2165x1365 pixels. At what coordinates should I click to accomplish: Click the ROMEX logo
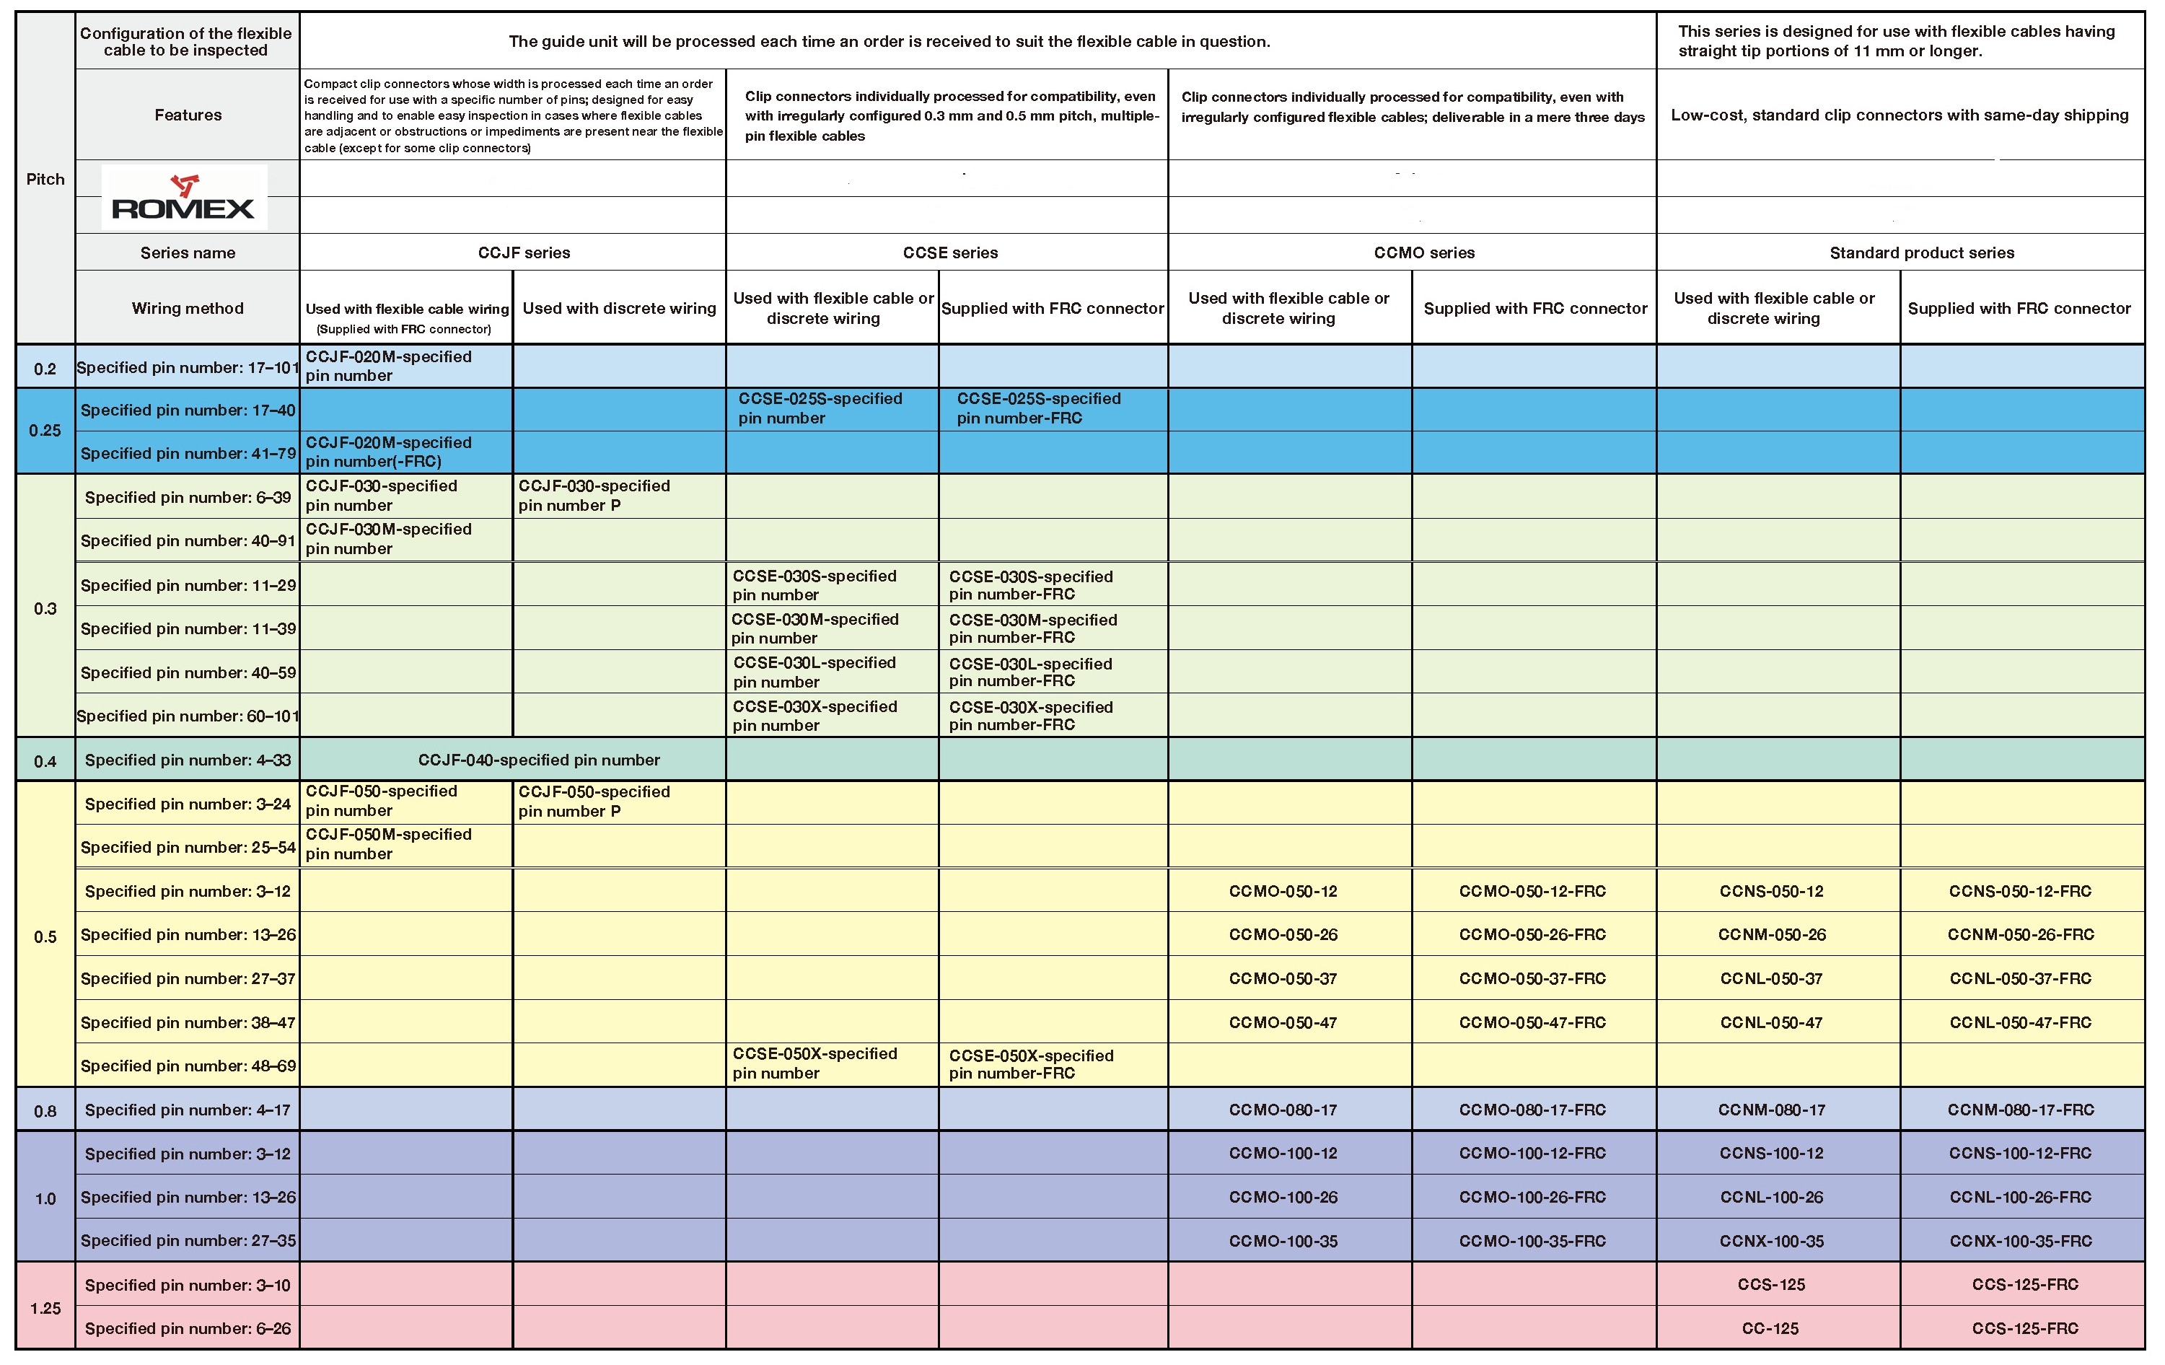183,197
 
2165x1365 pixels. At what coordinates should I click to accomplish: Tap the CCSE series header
950,253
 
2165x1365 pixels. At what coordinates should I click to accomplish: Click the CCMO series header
1424,253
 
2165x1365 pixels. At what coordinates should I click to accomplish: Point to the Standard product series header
1921,253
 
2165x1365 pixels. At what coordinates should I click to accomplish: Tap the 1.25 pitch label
45,1308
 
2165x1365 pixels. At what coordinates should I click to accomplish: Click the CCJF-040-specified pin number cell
539,760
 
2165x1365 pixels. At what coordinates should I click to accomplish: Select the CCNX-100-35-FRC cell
2020,1241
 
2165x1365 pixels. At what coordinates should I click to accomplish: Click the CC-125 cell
1770,1328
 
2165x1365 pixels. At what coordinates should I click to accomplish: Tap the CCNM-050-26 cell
1771,934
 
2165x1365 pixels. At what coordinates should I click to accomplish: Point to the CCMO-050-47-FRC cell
1532,1022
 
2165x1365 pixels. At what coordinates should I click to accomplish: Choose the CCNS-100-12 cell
1771,1153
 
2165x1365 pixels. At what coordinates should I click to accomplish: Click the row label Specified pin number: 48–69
188,1066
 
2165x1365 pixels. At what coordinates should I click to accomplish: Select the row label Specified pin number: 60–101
188,716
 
